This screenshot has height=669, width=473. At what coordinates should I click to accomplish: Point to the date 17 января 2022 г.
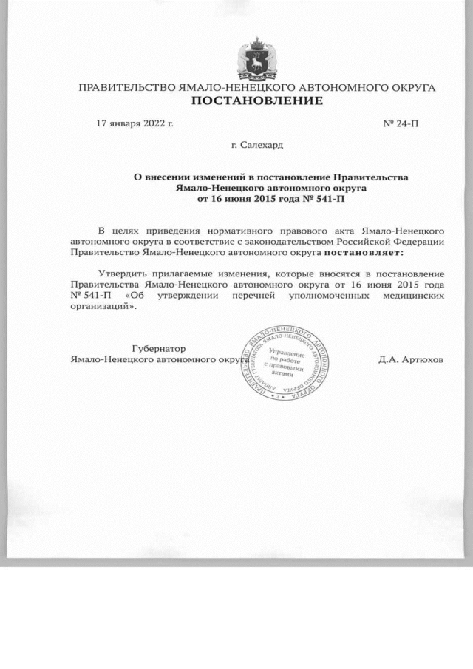[x=135, y=123]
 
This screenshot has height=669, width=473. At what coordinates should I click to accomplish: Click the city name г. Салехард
[x=256, y=146]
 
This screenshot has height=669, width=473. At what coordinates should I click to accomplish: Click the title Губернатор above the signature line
[x=158, y=348]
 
